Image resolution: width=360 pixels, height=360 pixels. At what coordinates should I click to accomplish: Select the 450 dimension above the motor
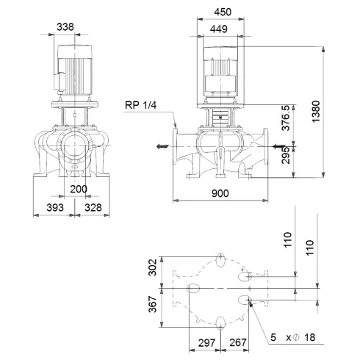tap(226, 12)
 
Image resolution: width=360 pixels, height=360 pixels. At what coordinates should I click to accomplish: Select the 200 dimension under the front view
tap(78, 189)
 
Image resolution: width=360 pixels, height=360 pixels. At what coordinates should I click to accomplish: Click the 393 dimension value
tap(53, 207)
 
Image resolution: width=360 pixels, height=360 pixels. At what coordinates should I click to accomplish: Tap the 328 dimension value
tap(92, 207)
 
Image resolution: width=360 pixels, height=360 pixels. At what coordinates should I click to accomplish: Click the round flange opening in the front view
tap(74, 149)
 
